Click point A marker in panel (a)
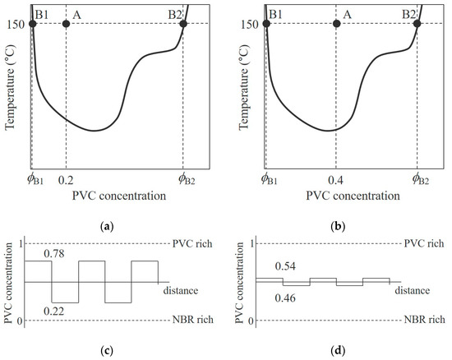(x=67, y=24)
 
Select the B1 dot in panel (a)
(x=32, y=24)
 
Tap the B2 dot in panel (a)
(x=183, y=24)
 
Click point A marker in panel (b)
(x=336, y=24)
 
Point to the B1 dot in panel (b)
(x=265, y=24)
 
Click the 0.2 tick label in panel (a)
(x=67, y=178)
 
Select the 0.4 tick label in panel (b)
(x=336, y=178)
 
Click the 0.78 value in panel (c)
(x=54, y=253)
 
